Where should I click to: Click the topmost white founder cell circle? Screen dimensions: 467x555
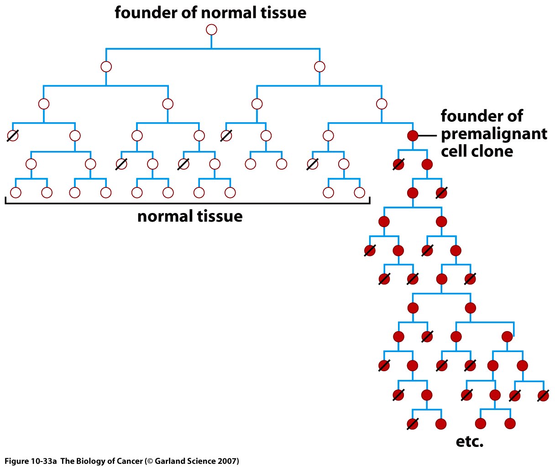tap(211, 30)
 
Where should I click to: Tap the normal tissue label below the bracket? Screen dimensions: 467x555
tap(190, 216)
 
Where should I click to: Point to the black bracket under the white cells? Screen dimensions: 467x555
tap(187, 202)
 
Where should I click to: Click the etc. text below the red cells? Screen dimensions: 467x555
tap(470, 441)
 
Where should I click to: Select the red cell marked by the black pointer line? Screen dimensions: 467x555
tap(413, 135)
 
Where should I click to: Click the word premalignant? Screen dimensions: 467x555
tap(494, 134)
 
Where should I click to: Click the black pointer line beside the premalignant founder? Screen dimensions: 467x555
tap(428, 135)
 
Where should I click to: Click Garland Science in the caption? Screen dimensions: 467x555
tap(178, 461)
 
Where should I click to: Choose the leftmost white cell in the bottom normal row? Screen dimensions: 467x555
tap(16, 192)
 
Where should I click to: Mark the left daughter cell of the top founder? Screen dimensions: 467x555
tap(106, 67)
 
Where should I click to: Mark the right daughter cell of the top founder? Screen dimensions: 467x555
tap(319, 67)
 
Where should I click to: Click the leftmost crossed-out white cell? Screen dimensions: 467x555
tap(13, 135)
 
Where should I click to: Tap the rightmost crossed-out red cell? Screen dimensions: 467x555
tap(543, 395)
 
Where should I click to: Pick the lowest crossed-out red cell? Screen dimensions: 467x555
tap(413, 424)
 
